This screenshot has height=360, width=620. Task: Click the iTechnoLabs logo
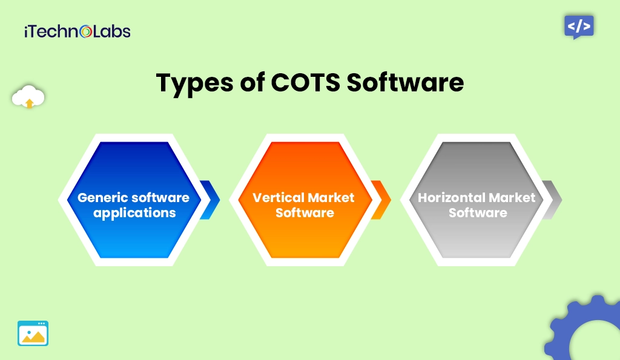(x=77, y=31)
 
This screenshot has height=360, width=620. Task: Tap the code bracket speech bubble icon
(x=579, y=27)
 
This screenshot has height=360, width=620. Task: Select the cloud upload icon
(x=28, y=97)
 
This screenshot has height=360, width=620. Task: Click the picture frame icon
(x=33, y=333)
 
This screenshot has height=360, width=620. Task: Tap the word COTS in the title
(x=303, y=83)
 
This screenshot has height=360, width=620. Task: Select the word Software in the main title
(x=405, y=83)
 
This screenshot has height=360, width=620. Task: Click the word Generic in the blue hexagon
(x=102, y=198)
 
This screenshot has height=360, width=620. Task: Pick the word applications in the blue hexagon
(x=134, y=213)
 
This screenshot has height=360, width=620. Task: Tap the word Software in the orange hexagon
(x=305, y=213)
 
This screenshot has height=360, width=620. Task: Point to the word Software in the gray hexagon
(x=478, y=213)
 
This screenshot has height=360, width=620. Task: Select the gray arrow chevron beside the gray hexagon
(x=552, y=200)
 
